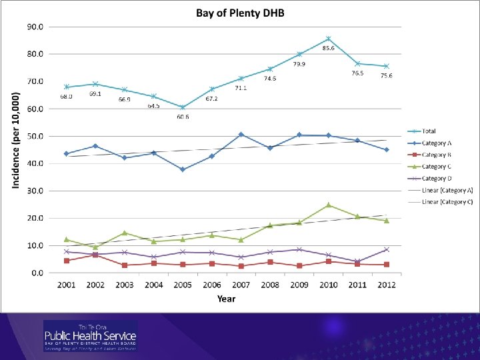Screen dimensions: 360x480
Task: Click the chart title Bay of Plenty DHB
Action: click(x=240, y=14)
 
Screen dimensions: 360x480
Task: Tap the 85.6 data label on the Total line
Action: click(x=328, y=48)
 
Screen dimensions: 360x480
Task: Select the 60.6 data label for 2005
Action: click(x=183, y=117)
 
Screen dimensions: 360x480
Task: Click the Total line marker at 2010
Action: click(x=329, y=39)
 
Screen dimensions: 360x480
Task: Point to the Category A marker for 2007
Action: click(x=241, y=135)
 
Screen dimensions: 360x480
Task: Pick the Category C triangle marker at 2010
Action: click(x=329, y=205)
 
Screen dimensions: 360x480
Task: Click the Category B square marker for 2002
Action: click(x=95, y=255)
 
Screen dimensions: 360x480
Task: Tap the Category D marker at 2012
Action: click(x=386, y=249)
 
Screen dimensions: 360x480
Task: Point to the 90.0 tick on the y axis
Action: click(x=35, y=27)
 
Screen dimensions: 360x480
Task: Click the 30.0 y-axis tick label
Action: click(x=35, y=191)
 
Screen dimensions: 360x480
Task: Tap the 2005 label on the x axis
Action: click(x=183, y=285)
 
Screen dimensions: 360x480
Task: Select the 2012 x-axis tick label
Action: click(x=386, y=285)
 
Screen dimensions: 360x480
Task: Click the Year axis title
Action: click(x=226, y=299)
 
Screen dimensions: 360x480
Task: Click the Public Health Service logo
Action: click(x=90, y=335)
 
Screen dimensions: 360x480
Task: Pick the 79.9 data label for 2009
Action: click(x=299, y=64)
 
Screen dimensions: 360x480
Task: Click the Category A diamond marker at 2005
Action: click(x=183, y=169)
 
